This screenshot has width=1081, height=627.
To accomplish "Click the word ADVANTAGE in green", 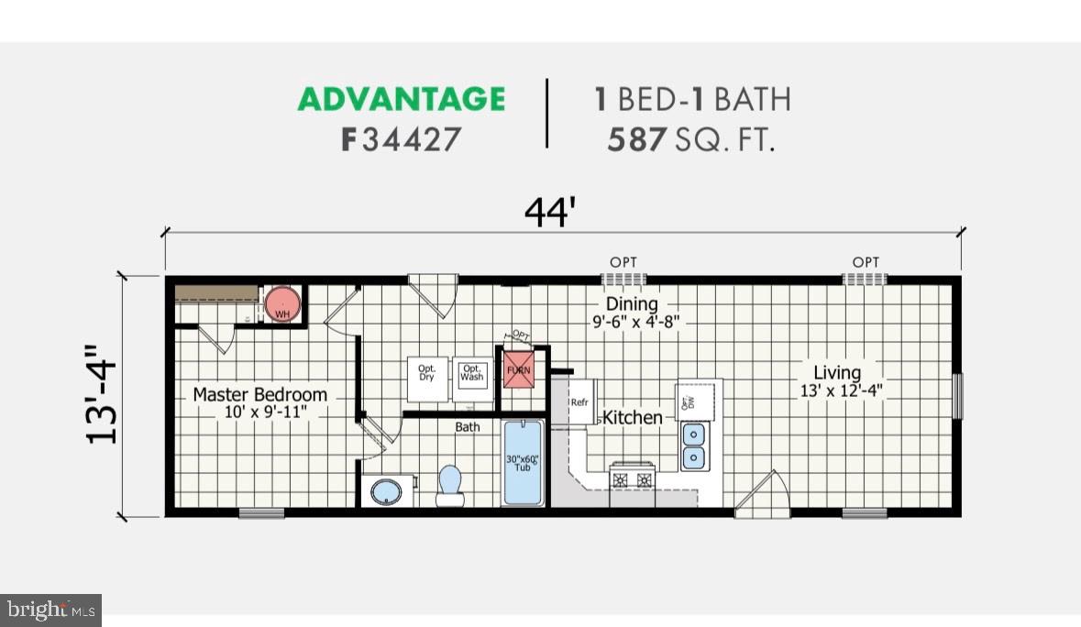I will point(402,99).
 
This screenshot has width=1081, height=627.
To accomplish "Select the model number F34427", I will point(402,140).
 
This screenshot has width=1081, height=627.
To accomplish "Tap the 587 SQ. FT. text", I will point(690,140).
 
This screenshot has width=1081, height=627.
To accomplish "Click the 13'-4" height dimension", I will point(104,395).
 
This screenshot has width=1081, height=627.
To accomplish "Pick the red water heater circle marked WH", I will point(282,304).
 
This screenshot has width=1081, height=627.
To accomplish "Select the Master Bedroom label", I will point(259,395).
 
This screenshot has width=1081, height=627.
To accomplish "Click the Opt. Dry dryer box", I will point(427,378).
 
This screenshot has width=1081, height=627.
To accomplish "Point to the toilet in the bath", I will point(449,484).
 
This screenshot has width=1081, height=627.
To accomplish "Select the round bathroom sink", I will point(387,492).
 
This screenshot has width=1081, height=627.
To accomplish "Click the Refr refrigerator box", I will point(579,402).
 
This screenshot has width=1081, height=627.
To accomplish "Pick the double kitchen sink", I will point(694,445).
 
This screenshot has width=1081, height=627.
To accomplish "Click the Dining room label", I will point(632,303).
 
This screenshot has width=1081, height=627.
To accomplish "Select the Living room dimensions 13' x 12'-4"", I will point(837,390).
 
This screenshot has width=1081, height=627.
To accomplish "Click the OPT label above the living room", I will point(866,262).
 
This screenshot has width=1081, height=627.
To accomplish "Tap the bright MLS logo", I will point(50,609).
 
